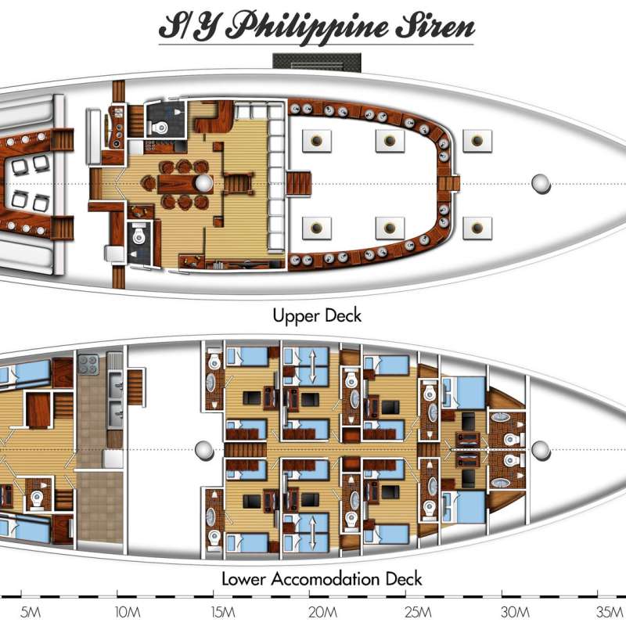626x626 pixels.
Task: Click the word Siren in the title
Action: coord(435,27)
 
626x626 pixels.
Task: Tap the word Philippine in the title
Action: coord(309,27)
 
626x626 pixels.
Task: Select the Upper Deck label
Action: coord(317,315)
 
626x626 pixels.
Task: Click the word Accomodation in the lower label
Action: coord(325,579)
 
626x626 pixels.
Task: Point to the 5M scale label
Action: coord(31,612)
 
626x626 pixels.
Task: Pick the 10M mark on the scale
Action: coord(128,612)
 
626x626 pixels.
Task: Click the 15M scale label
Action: coord(223,612)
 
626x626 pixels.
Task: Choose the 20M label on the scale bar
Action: coord(322,612)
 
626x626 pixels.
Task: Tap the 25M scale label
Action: coord(419,612)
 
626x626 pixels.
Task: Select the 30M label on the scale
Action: coord(516,612)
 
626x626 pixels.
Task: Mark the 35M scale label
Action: coord(610,612)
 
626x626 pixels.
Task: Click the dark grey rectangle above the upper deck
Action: coord(317,63)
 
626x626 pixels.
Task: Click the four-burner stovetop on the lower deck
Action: coord(88,365)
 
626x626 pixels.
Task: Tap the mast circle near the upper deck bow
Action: coord(541,184)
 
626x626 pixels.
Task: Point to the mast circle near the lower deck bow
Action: coord(541,451)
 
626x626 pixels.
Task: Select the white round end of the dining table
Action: coord(204,184)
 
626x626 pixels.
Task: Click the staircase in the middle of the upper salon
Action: coord(239,184)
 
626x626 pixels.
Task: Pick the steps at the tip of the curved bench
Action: coord(448,184)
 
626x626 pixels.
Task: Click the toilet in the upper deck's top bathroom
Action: coord(160,128)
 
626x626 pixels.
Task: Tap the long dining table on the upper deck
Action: coord(185,184)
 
